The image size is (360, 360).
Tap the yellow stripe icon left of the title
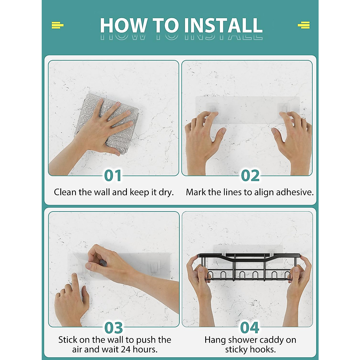pos(58,25)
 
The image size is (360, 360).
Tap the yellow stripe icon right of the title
pos(304,25)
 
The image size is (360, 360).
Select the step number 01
pos(113,175)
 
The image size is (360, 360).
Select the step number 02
pos(250,175)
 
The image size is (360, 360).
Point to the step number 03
pos(113,328)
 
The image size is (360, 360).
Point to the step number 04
pos(250,328)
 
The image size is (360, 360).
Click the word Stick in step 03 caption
pos(67,340)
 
